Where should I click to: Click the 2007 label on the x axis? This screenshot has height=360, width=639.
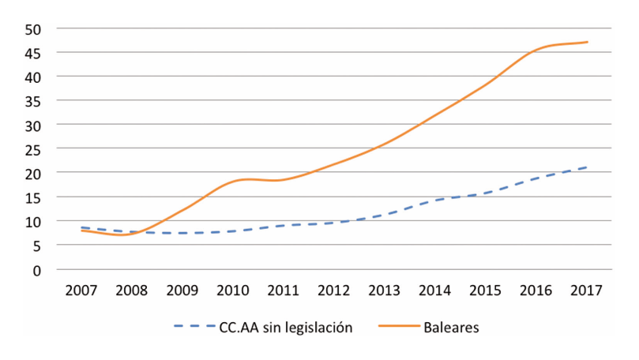tap(81, 289)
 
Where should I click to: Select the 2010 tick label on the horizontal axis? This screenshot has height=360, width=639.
tap(232, 289)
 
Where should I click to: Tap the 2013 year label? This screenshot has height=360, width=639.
tap(384, 289)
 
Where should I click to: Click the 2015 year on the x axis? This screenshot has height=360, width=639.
tap(486, 289)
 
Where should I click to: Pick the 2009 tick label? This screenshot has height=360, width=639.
tap(182, 289)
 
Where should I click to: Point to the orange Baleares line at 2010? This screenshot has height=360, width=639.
tap(232, 182)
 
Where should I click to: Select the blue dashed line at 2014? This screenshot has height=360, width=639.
tap(435, 201)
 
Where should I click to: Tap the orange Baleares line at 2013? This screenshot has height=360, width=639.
tap(384, 144)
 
